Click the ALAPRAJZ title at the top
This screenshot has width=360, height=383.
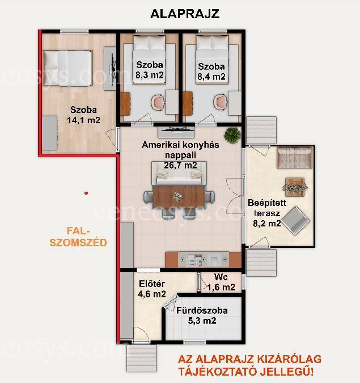[185, 14]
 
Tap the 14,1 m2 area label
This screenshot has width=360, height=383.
[83, 120]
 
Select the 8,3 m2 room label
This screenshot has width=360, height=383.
[150, 75]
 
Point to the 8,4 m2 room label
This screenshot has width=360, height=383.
[211, 77]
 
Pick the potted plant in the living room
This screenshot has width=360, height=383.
[232, 134]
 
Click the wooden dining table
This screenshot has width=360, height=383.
[179, 197]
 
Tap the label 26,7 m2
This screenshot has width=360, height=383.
[180, 165]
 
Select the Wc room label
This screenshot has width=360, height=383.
[221, 277]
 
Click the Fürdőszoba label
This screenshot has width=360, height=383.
[202, 310]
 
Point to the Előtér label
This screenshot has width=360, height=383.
[152, 284]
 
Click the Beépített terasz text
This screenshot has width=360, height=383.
[267, 208]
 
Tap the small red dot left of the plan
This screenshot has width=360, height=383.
[86, 193]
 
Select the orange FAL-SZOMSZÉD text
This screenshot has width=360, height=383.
[78, 237]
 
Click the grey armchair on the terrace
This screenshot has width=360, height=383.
[295, 221]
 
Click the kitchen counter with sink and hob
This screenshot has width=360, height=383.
[204, 260]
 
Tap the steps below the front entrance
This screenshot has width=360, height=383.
[142, 359]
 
